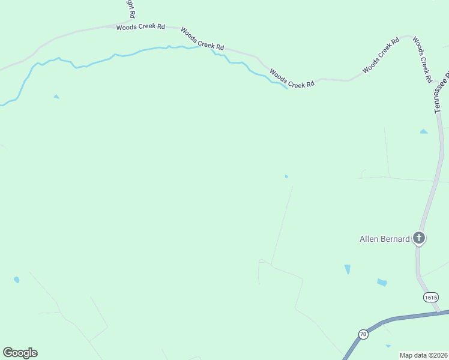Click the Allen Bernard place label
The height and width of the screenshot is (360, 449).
(384, 239)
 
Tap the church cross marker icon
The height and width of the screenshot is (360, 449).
(419, 239)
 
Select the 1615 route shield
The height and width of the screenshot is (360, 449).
(430, 298)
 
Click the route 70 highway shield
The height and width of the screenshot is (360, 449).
(363, 334)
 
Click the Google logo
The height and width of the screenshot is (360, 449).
(20, 353)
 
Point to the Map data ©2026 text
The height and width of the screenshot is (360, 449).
(423, 355)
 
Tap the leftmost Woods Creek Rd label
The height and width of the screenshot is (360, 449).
(140, 27)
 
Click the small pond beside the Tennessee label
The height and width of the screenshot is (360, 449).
(424, 131)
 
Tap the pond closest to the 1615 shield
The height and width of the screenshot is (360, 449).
(382, 282)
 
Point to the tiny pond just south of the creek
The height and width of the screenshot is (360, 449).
(56, 96)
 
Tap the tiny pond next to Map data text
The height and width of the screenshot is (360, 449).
(388, 346)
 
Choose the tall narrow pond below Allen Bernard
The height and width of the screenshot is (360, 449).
(348, 269)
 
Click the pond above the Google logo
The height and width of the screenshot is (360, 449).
(16, 280)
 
